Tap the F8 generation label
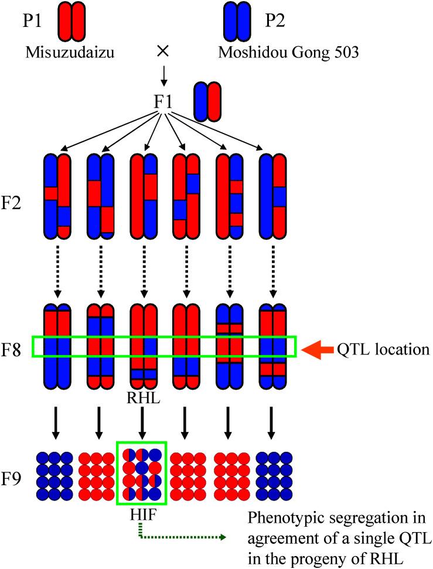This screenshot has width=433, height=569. pyautogui.click(x=17, y=350)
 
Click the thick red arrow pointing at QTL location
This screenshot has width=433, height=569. pyautogui.click(x=317, y=350)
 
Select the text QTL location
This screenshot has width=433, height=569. pyautogui.click(x=384, y=350)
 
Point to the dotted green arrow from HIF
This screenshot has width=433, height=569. pyautogui.click(x=182, y=535)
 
